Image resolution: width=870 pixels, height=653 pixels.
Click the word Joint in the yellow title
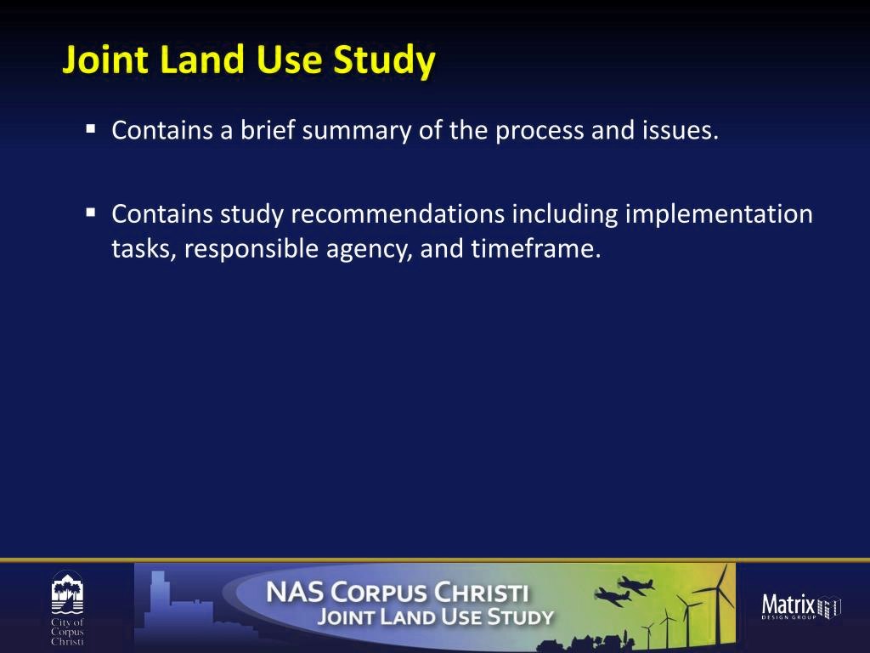[105, 60]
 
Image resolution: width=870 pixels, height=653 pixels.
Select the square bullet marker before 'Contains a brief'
[91, 129]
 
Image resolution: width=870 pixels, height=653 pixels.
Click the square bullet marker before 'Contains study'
[91, 213]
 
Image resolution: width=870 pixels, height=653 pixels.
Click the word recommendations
[398, 213]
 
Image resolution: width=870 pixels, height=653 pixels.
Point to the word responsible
[251, 249]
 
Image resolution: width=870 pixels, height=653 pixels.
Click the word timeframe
[535, 248]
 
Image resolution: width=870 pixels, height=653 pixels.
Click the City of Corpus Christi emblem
[67, 608]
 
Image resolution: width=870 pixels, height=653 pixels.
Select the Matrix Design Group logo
[801, 605]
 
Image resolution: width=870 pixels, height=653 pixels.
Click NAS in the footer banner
[294, 592]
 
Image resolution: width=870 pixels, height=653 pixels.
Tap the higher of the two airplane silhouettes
[636, 585]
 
